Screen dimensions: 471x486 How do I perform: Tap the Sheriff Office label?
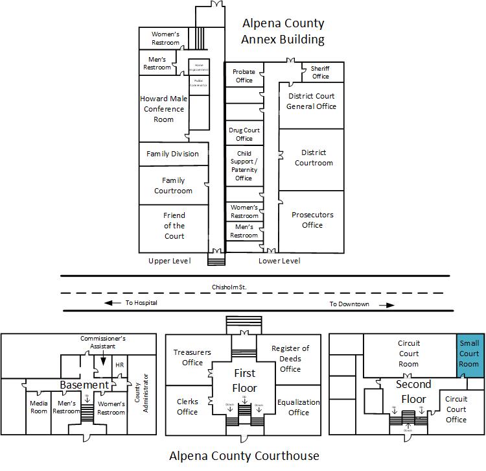coord(320,72)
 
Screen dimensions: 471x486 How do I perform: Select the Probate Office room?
coord(244,76)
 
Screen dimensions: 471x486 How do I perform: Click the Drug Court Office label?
coord(244,134)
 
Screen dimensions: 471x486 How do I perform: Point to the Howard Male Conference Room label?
coord(163,109)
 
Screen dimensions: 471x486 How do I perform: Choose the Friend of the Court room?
coord(174,226)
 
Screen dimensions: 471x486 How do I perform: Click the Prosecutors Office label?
coord(312,220)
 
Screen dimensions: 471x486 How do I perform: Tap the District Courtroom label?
coord(314,158)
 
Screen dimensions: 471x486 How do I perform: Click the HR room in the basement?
coord(119,365)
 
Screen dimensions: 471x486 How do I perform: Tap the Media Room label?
coord(39,407)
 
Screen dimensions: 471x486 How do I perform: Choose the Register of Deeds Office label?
coord(290,359)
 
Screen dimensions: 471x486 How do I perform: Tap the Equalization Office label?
coord(298,407)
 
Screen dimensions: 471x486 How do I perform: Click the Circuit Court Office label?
coord(456,409)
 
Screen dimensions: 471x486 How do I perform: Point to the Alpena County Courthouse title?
coord(244,455)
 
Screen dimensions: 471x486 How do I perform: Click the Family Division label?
coord(172,154)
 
